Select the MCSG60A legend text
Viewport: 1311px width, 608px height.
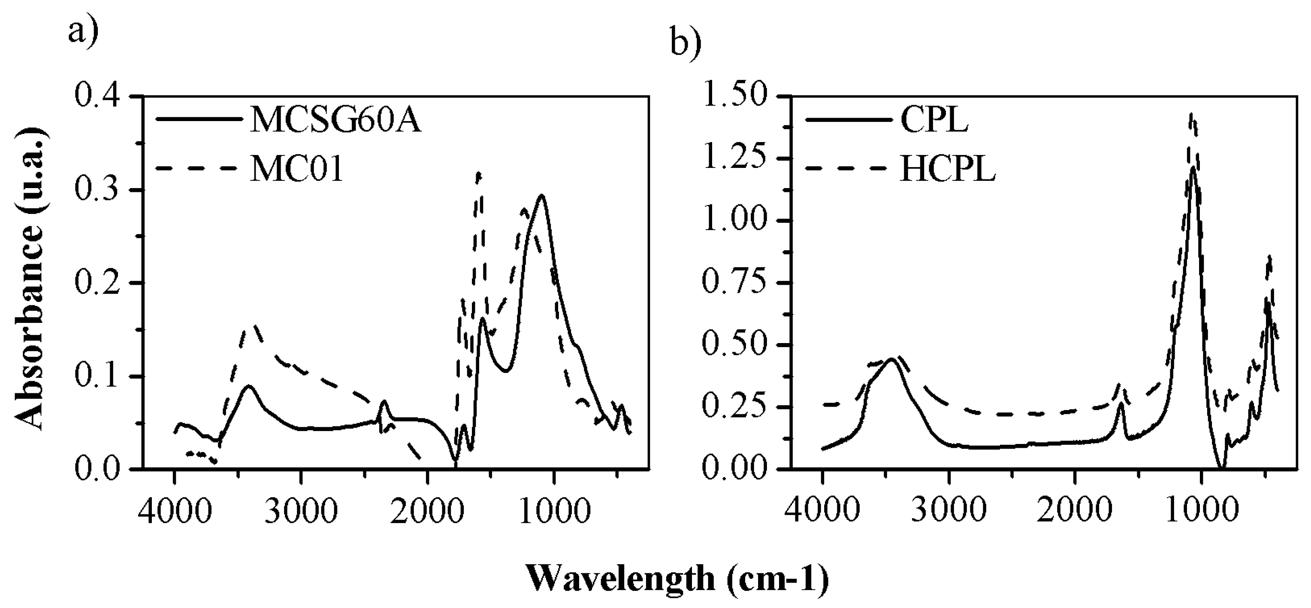tap(335, 120)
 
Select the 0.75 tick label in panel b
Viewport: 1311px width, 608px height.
tap(735, 283)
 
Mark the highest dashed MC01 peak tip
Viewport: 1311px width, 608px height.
tap(478, 173)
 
